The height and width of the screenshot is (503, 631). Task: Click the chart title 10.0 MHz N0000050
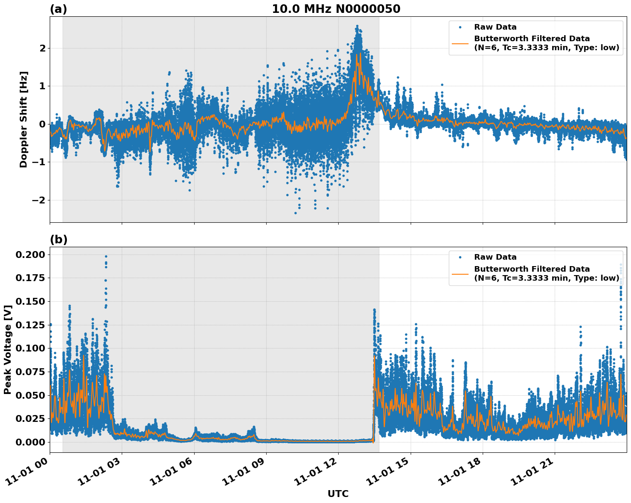[x=336, y=9]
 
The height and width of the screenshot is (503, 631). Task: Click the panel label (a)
[x=58, y=9]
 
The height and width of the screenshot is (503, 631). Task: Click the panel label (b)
[x=58, y=239]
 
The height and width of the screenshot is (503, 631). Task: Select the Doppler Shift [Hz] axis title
[x=24, y=119]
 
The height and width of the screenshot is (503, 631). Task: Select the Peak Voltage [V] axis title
[x=7, y=350]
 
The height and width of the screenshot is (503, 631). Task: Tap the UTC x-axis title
[x=338, y=494]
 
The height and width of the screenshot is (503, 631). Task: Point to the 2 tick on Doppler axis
[x=42, y=48]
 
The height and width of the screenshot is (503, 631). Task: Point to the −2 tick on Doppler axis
[x=39, y=200]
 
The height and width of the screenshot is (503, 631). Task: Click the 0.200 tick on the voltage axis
[x=30, y=255]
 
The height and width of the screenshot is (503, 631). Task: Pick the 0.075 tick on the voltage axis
[x=30, y=372]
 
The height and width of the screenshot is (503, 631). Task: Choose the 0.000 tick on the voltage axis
[x=30, y=442]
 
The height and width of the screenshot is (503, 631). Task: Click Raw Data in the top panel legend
[x=495, y=27]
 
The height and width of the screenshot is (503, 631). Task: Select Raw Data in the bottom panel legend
[x=495, y=257]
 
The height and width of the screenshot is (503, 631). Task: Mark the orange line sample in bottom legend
[x=460, y=273]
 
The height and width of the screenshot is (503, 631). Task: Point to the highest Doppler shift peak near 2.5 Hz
[x=357, y=27]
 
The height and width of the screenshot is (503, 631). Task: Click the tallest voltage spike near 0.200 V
[x=106, y=257]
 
